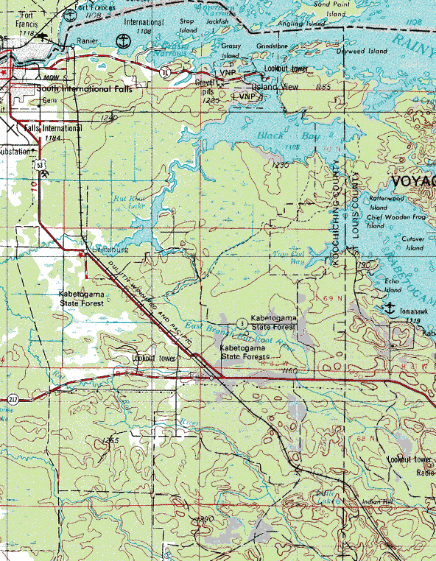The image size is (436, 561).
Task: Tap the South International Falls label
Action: (x=81, y=88)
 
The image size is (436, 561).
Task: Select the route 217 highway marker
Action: (x=13, y=399)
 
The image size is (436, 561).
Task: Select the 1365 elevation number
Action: (x=110, y=440)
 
